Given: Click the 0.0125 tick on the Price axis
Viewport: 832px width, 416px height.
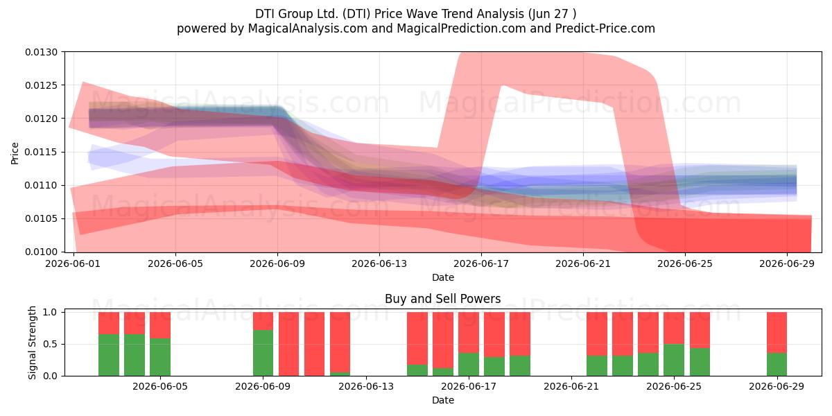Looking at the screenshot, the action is point(41,85).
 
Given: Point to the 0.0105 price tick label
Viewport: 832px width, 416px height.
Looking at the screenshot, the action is point(41,219).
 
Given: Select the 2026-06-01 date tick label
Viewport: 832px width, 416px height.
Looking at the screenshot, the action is point(73,263).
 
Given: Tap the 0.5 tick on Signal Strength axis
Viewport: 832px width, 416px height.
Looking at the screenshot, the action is point(50,345).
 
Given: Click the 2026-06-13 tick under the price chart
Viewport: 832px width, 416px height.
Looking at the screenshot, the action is point(379,263).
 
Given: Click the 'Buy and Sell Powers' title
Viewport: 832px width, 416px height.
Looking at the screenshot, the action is point(443,299).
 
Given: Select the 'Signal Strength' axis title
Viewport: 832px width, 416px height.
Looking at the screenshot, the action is point(33,343).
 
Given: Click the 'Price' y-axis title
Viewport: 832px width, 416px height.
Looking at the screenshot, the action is point(15,153).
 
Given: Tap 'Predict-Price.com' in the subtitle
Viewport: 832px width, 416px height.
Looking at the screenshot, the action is point(605,28).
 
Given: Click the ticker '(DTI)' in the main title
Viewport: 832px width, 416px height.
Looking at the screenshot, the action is point(356,14).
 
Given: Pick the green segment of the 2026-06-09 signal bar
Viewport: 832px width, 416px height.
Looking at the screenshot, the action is point(263,353).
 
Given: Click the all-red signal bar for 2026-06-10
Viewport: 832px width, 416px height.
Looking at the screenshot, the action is point(288,344).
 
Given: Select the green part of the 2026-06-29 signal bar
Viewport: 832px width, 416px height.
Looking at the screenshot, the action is point(777,365).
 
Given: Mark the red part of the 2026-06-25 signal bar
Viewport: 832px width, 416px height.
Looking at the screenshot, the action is point(674,328).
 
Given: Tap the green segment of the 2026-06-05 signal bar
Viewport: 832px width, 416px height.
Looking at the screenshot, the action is point(160,357).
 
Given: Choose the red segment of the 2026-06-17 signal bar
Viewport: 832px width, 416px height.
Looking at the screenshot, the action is point(469,332).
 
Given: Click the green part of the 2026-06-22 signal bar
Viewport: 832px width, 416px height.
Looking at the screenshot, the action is point(597,366).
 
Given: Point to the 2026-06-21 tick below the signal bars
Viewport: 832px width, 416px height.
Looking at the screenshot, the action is point(571,387).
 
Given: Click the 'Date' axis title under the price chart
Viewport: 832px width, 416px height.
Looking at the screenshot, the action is point(443,277).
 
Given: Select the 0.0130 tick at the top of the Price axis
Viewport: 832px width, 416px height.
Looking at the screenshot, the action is point(41,53).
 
